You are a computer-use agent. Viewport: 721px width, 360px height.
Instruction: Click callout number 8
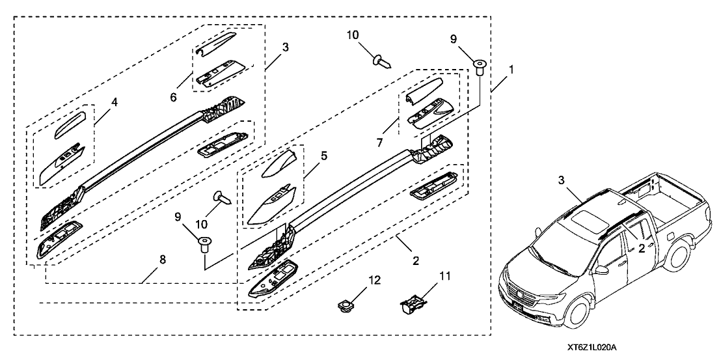click(x=162, y=259)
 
